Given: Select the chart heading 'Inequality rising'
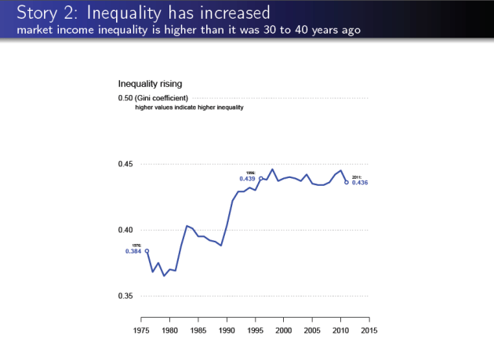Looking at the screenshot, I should tap(150, 83).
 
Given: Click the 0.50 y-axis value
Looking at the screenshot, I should tap(125, 98).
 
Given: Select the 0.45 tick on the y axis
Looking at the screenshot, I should tap(125, 164).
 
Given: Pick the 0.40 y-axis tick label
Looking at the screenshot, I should tap(125, 230).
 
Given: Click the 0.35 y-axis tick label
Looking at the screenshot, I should tap(125, 296).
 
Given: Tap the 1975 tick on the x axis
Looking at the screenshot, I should tap(141, 331).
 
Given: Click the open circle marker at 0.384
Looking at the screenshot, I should tap(147, 251).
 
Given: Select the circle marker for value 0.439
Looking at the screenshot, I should tap(261, 178).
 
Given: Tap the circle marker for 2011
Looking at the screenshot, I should tap(347, 182).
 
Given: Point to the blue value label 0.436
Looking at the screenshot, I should tap(360, 183).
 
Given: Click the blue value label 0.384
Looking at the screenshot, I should tap(133, 252).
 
